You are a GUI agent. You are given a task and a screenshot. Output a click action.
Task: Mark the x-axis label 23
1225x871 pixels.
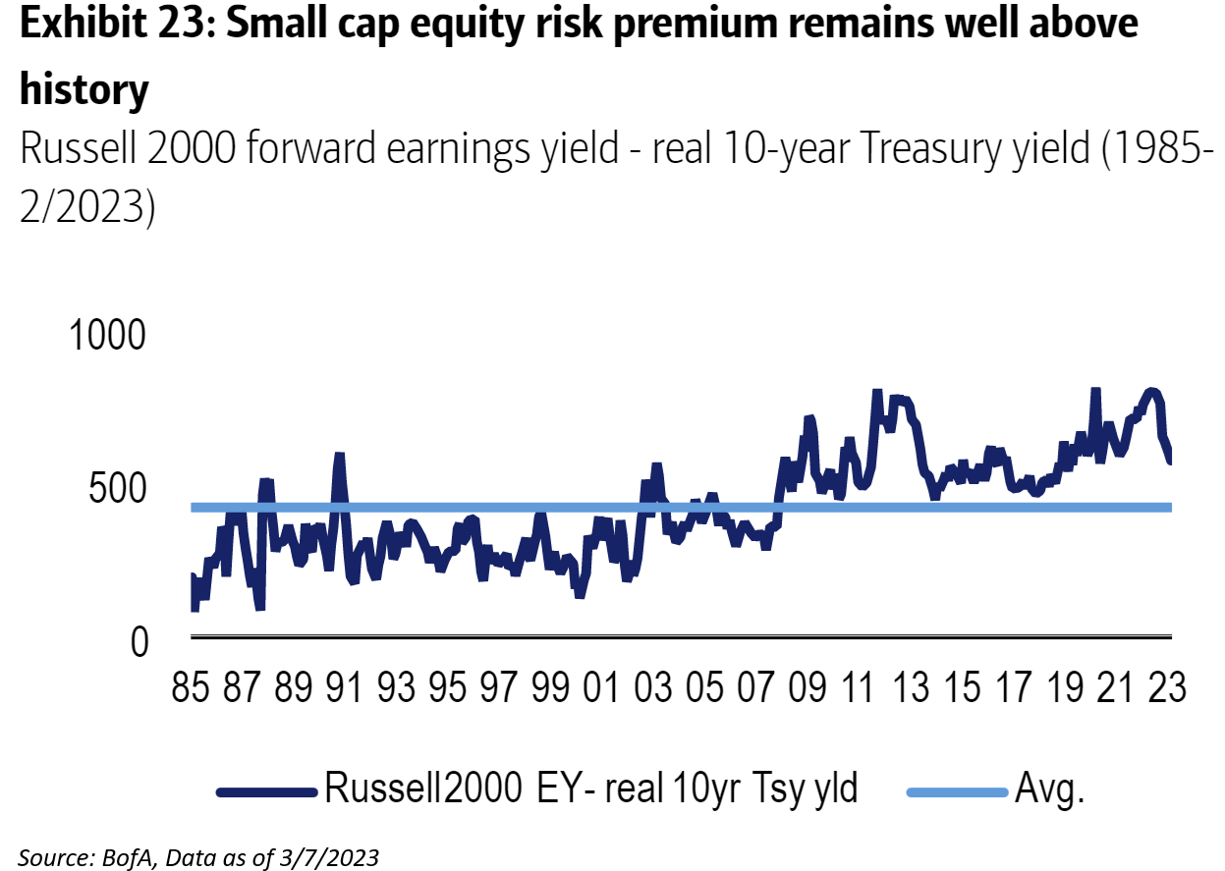coord(1165,688)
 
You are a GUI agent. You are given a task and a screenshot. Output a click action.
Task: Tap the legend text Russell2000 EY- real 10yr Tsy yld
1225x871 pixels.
coord(591,788)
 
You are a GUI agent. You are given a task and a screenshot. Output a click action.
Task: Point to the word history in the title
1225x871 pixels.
coord(84,90)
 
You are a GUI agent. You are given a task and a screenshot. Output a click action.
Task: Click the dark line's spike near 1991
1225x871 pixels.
coord(339,456)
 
